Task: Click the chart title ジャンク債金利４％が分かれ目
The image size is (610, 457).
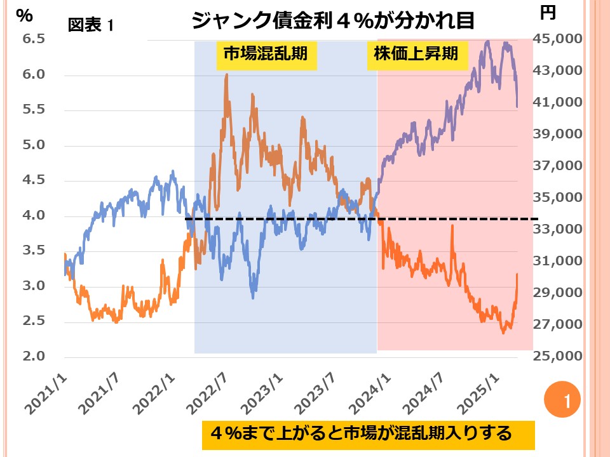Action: (x=333, y=21)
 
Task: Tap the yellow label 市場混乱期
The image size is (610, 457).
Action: (x=262, y=55)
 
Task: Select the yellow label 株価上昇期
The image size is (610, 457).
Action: (x=413, y=55)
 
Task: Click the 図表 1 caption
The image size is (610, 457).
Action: (x=90, y=26)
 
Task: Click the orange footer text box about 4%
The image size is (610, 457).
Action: (x=369, y=434)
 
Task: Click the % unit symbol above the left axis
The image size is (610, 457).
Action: (x=24, y=17)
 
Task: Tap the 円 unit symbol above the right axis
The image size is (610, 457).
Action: (x=548, y=11)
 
